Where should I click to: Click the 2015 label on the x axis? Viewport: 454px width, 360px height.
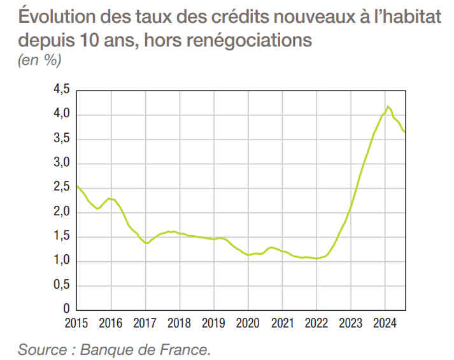click(76, 323)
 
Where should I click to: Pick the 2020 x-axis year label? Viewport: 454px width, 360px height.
click(248, 323)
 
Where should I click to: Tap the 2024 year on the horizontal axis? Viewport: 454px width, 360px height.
click(385, 323)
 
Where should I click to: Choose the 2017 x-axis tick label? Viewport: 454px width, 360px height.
click(145, 323)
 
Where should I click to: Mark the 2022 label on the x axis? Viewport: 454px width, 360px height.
click(316, 323)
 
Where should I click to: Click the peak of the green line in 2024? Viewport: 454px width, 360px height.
click(388, 106)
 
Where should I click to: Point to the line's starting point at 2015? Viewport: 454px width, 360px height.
click(77, 186)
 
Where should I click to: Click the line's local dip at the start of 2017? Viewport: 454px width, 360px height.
click(147, 243)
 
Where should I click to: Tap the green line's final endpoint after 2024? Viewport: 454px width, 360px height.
click(405, 132)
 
